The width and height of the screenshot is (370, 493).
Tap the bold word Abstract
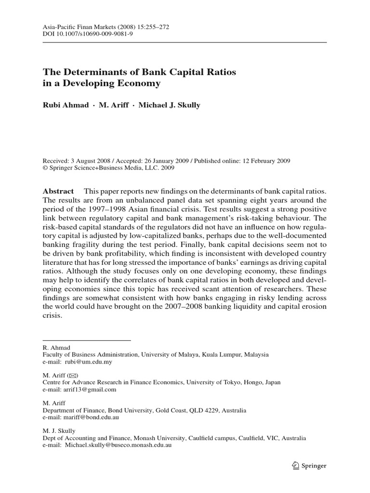[x=58, y=191]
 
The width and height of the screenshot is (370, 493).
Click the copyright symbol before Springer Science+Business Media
[x=45, y=168]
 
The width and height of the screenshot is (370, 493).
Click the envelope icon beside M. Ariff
[x=73, y=375]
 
